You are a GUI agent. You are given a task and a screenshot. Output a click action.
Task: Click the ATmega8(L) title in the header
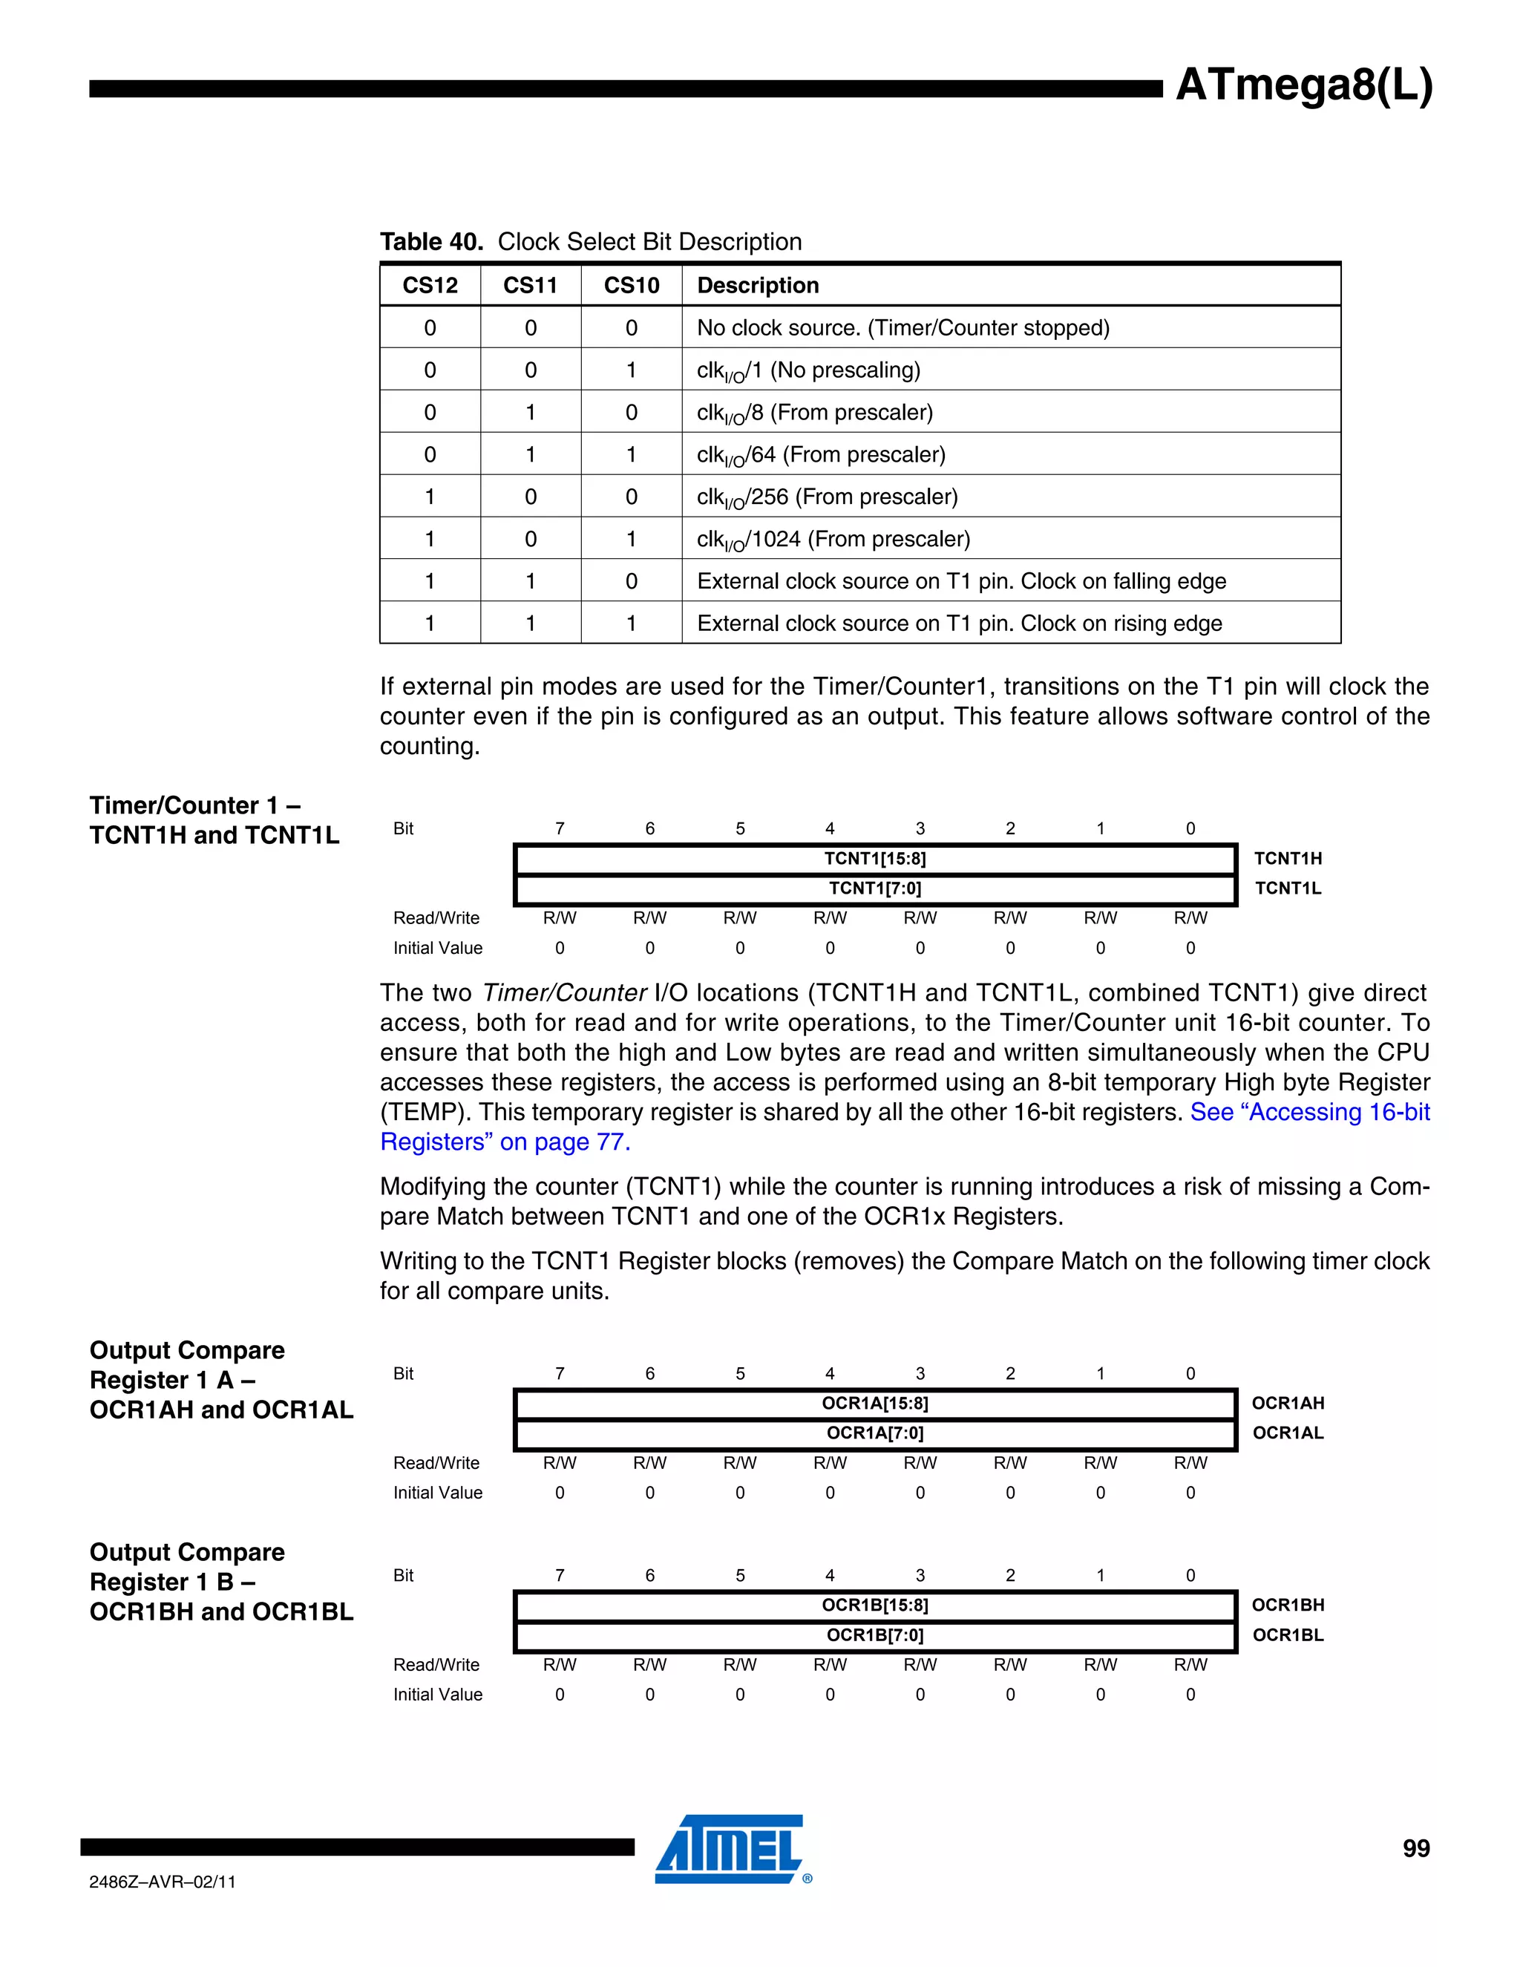(1303, 85)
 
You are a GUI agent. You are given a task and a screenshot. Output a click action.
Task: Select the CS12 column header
(430, 286)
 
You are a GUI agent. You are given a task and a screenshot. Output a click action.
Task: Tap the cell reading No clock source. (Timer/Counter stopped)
(902, 328)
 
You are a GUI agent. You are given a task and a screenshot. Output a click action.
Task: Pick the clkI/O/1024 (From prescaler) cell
(833, 539)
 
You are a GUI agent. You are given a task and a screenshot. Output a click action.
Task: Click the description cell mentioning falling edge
(961, 581)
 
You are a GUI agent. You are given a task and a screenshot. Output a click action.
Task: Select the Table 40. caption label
(431, 241)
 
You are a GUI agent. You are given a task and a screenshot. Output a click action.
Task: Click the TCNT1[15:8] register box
(874, 858)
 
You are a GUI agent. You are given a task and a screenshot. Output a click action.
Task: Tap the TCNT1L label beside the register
(1288, 888)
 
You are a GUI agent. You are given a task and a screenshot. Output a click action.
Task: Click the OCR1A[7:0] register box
(874, 1433)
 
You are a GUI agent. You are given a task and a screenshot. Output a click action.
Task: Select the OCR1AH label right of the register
(1288, 1403)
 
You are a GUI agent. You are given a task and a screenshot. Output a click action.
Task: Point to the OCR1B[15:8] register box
(874, 1605)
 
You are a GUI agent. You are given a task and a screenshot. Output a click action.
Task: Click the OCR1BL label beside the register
(1288, 1634)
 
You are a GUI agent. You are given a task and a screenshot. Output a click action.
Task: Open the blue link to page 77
(504, 1142)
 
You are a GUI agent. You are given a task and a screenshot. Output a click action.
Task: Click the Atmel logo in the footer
(730, 1849)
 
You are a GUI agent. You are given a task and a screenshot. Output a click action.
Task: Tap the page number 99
(1415, 1849)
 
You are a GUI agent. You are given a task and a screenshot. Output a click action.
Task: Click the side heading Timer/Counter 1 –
(194, 805)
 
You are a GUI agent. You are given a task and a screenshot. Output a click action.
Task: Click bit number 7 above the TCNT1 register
(559, 828)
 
